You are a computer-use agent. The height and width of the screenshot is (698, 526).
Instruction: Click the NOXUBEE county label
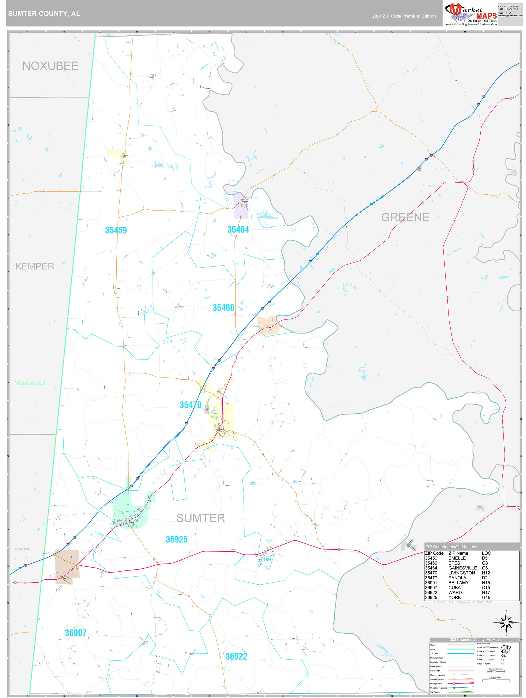pyautogui.click(x=50, y=66)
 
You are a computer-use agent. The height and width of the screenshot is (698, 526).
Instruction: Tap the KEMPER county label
pyautogui.click(x=35, y=266)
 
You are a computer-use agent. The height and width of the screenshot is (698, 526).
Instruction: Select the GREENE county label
pyautogui.click(x=405, y=217)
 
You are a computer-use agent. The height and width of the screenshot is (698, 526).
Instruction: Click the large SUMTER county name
pyautogui.click(x=201, y=518)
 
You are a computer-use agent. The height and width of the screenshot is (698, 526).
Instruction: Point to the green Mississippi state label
pyautogui.click(x=30, y=383)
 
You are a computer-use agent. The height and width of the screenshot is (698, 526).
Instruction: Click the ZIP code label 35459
pyautogui.click(x=116, y=230)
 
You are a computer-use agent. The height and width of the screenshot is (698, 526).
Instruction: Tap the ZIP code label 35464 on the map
pyautogui.click(x=238, y=230)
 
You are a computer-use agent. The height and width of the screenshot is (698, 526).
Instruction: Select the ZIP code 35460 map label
pyautogui.click(x=223, y=308)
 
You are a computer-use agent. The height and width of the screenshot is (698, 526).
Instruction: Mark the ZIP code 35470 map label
pyautogui.click(x=190, y=405)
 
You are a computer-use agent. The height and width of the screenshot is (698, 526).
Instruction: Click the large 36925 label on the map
pyautogui.click(x=176, y=540)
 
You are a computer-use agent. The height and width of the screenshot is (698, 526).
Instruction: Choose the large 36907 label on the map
pyautogui.click(x=76, y=633)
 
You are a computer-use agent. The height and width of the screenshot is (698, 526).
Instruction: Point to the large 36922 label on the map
pyautogui.click(x=236, y=657)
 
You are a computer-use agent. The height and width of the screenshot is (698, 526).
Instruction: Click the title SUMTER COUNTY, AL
pyautogui.click(x=44, y=14)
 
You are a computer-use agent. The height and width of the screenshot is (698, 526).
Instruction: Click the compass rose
pyautogui.click(x=506, y=622)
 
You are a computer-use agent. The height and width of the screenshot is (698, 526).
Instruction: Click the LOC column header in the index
pyautogui.click(x=486, y=553)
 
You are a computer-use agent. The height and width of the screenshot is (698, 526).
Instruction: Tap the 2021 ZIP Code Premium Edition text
pyautogui.click(x=404, y=16)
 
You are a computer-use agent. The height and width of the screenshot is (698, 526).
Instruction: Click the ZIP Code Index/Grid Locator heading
pyautogui.click(x=451, y=547)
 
